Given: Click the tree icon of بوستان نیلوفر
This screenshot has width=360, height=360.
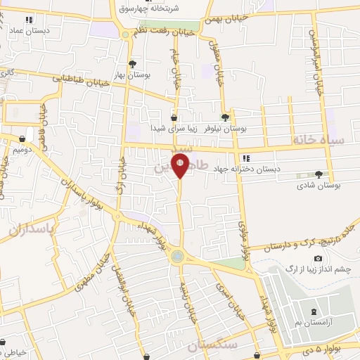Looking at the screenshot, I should (225, 118).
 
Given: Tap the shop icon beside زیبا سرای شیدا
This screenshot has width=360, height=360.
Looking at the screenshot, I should (174, 118).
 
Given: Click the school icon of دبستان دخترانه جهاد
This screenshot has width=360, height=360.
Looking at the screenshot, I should (245, 158).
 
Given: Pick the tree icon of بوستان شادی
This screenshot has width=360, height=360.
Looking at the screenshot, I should (320, 174).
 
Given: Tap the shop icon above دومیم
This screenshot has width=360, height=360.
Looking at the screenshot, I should (22, 139).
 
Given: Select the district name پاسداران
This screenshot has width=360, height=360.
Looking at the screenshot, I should (32, 229).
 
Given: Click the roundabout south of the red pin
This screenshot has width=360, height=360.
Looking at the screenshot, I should (179, 256).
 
